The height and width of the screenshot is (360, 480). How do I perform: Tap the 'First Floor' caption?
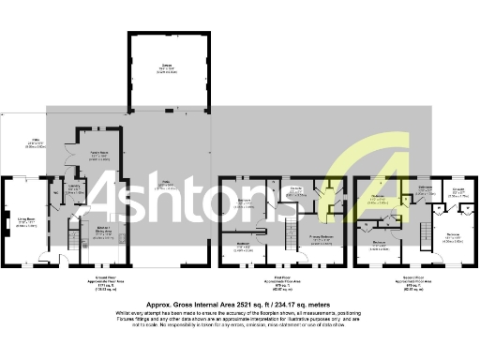pos(277,280)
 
